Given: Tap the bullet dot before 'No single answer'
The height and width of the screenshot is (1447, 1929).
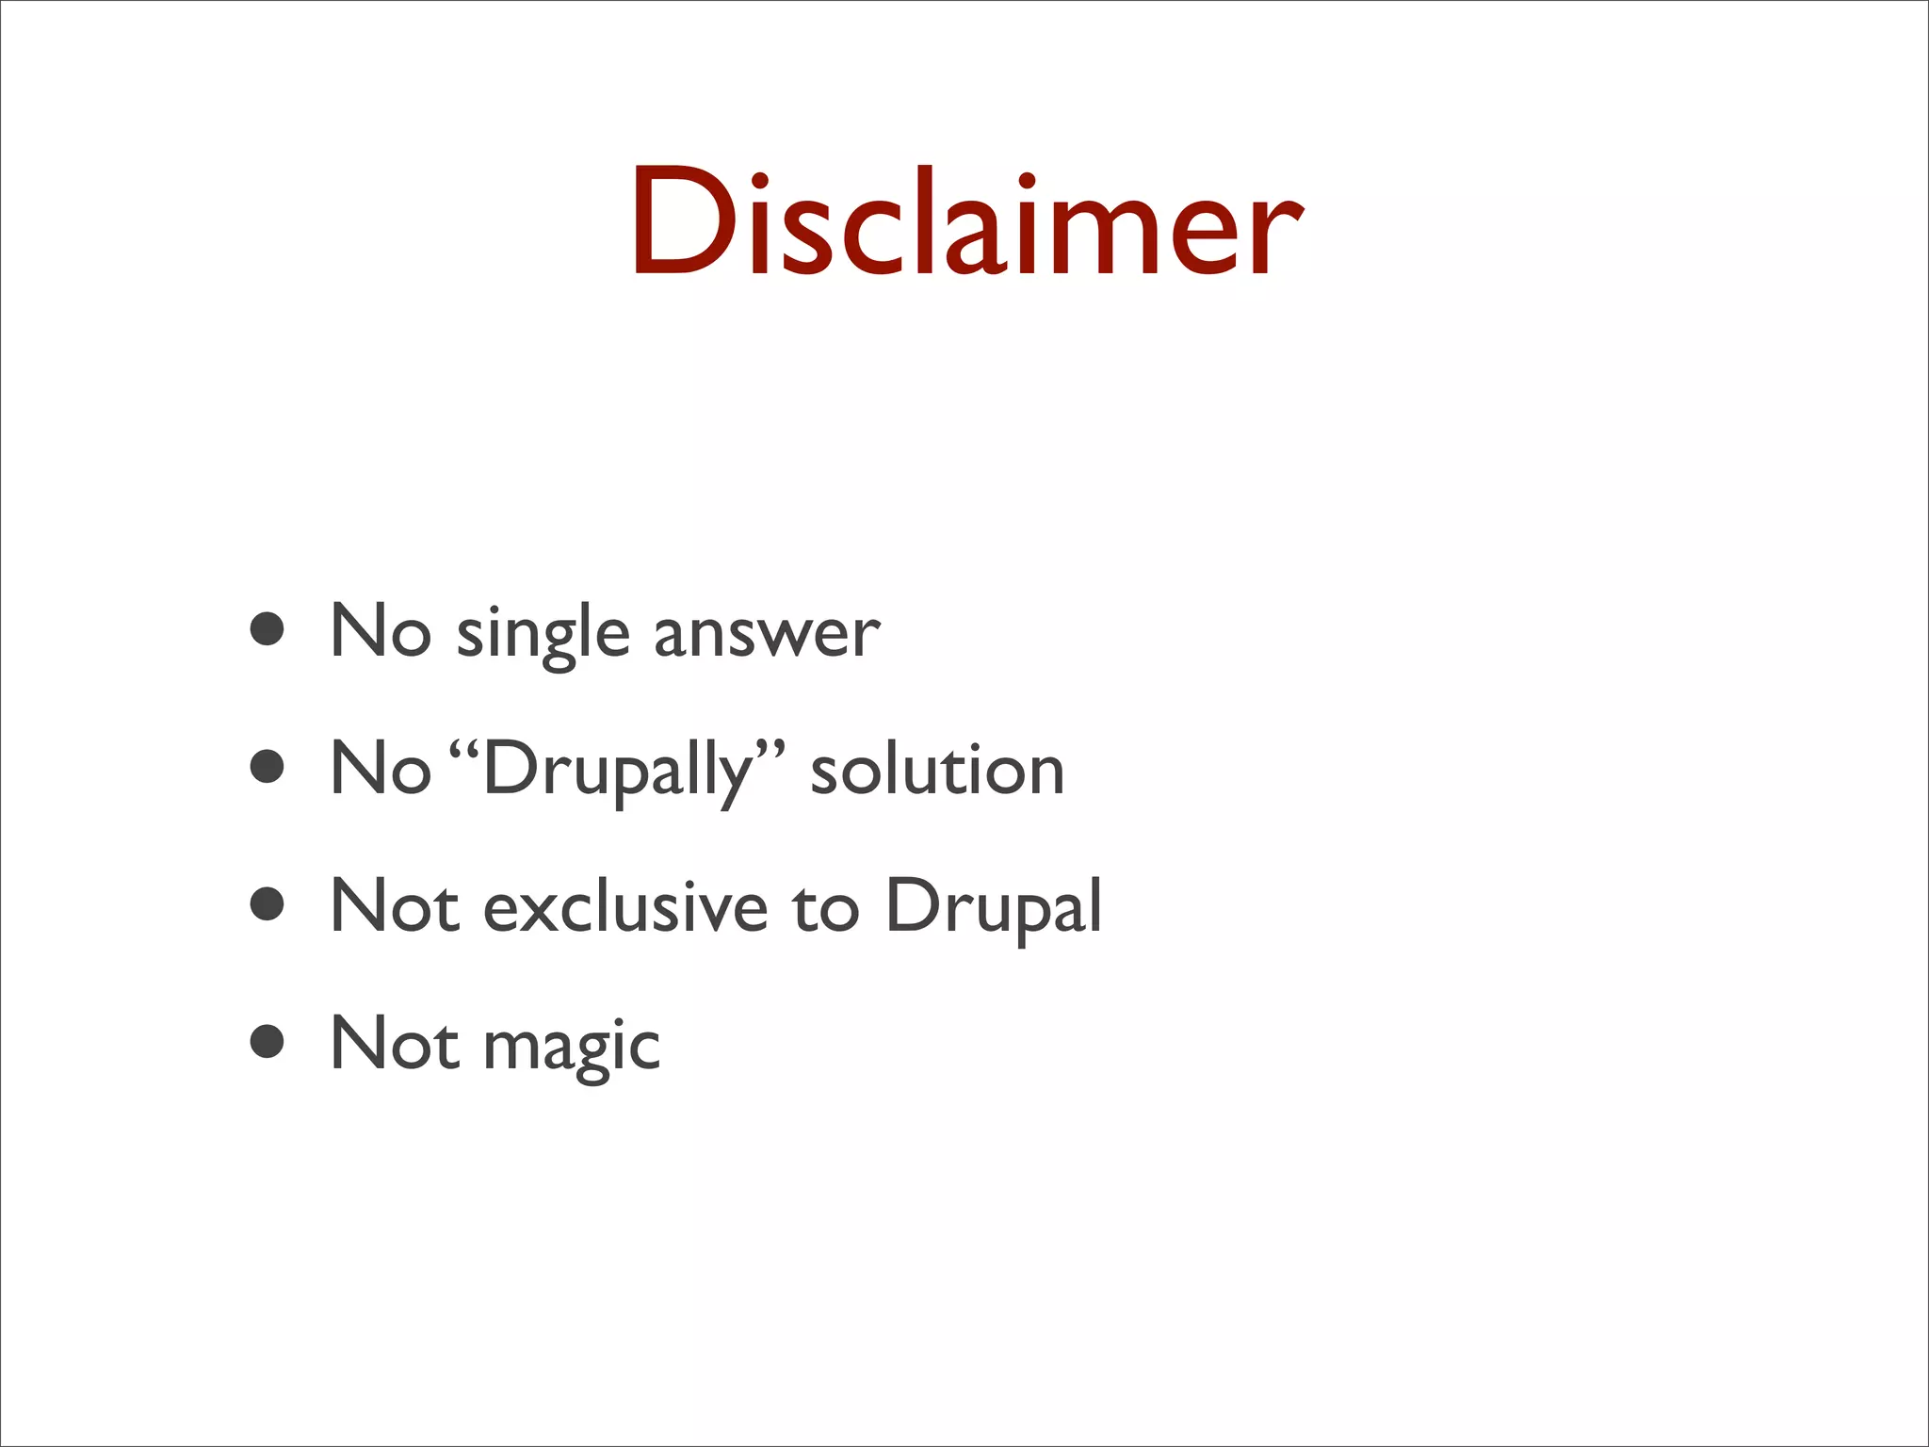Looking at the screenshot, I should pos(268,629).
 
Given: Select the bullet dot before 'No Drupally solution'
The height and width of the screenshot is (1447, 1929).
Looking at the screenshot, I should pos(268,767).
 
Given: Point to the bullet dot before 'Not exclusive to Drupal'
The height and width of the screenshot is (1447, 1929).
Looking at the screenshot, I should pos(268,904).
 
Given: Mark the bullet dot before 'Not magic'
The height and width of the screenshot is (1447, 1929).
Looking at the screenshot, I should pos(268,1042).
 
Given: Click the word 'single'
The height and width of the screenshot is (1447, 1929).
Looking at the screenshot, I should pos(543,633).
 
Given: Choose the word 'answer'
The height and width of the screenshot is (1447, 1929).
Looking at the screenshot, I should pos(767,633).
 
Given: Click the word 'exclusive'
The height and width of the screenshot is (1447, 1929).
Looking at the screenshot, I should pos(625,906).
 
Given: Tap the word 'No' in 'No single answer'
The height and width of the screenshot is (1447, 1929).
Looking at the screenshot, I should pos(381,629).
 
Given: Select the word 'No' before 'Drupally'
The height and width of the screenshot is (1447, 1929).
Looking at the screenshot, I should pos(381,767).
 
